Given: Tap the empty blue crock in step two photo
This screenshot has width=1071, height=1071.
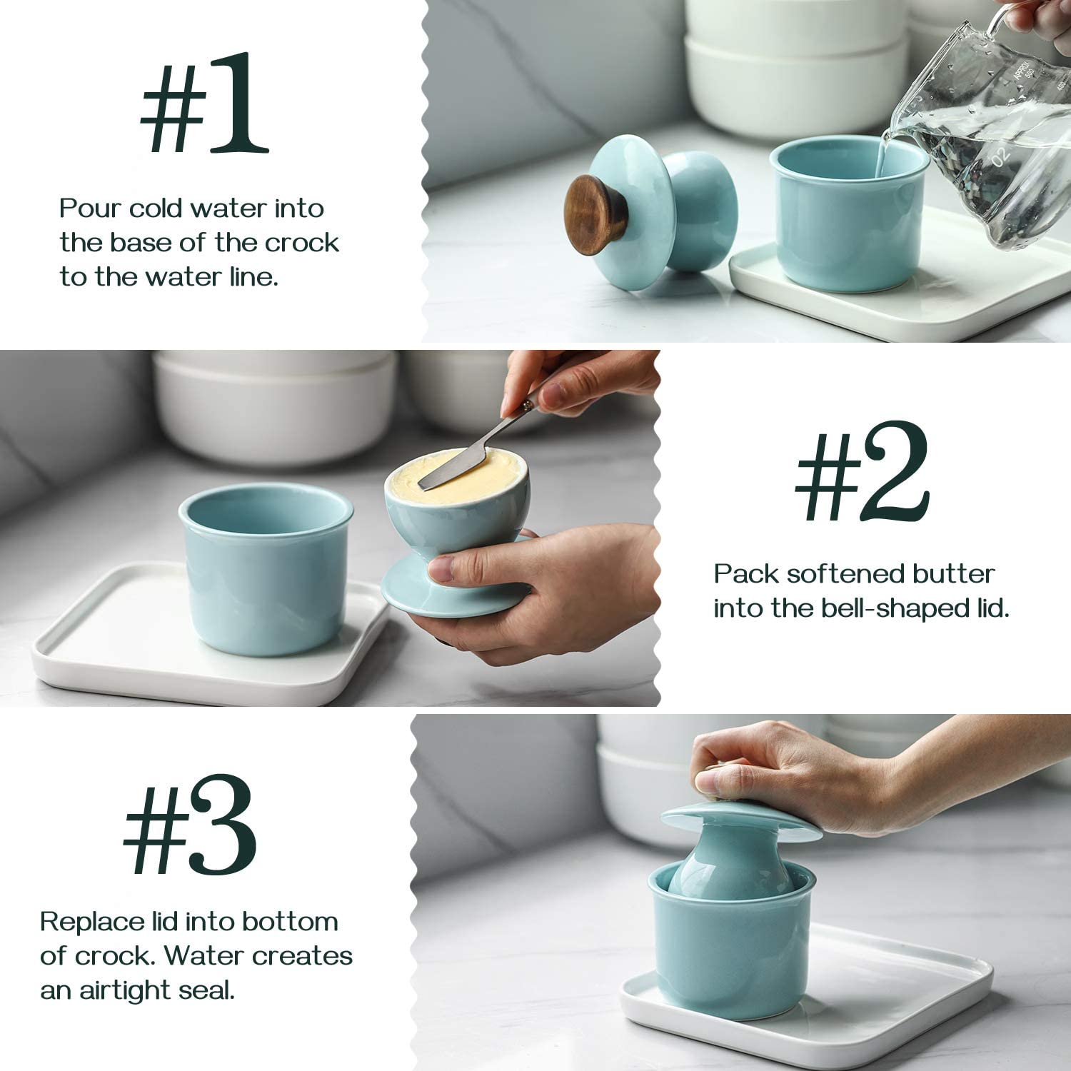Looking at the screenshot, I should [x=266, y=571].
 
